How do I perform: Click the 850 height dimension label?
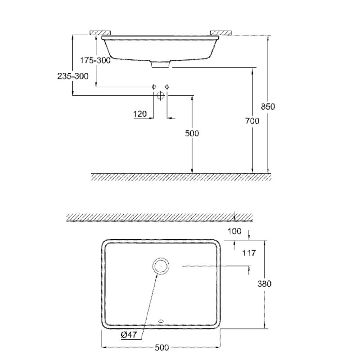[x=268, y=107]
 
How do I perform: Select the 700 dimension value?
[x=252, y=121]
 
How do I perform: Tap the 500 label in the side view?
[x=192, y=133]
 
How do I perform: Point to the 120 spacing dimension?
[x=140, y=114]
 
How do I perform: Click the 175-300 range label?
[x=95, y=60]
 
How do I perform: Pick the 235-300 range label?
[x=73, y=76]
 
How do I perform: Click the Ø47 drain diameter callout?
[x=129, y=335]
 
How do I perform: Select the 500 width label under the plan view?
[x=162, y=347]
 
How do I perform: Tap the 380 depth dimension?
[x=264, y=284]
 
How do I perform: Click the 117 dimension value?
[x=249, y=253]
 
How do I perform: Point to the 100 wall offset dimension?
[x=234, y=231]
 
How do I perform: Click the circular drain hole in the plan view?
[x=161, y=266]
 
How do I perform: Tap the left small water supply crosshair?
[x=154, y=87]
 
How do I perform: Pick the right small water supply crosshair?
[x=167, y=87]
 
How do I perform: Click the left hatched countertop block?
[x=100, y=32]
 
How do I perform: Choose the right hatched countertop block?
[x=220, y=32]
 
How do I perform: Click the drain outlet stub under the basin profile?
[x=161, y=64]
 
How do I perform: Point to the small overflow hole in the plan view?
[x=161, y=321]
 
